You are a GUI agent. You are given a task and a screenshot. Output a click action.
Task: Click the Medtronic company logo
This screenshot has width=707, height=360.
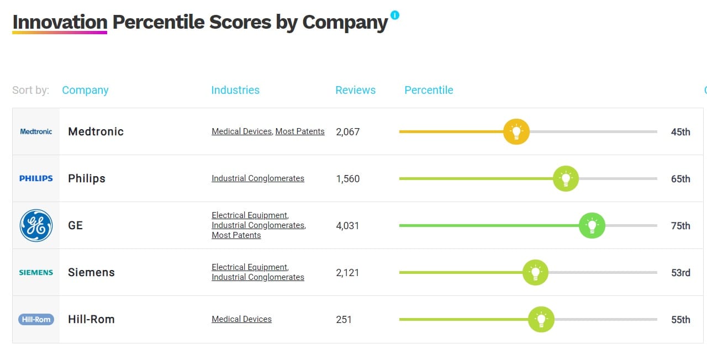tap(36, 131)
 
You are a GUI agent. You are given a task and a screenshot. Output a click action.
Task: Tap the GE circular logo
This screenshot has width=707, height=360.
tap(36, 225)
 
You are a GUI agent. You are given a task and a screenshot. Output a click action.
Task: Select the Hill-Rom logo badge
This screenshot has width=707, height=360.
tap(36, 319)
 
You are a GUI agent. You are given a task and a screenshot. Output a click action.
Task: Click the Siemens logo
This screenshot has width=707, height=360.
tap(36, 272)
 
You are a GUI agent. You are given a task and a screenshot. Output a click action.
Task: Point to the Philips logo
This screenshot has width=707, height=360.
tap(36, 178)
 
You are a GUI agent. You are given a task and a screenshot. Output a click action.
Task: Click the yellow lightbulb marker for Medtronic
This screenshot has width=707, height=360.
tap(516, 132)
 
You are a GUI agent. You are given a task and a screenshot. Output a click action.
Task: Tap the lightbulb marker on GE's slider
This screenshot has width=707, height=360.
tap(592, 225)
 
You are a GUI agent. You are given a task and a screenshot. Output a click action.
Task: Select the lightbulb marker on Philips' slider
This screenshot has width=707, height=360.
tap(566, 178)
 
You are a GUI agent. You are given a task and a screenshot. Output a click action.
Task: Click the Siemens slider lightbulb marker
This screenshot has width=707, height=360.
tap(535, 272)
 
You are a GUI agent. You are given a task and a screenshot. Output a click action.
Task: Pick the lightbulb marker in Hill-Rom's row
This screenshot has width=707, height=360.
tap(541, 319)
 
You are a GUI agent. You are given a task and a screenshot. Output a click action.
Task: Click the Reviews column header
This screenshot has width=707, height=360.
tap(355, 90)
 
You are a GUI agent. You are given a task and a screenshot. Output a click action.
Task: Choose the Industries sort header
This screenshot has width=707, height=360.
tap(235, 90)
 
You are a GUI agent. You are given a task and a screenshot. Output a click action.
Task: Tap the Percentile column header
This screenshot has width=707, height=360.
tap(429, 90)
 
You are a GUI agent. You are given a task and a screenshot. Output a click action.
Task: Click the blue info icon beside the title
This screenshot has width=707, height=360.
tap(394, 15)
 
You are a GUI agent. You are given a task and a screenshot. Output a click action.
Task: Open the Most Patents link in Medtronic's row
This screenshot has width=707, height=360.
tap(300, 131)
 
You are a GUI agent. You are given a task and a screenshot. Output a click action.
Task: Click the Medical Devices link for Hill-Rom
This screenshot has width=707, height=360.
tap(241, 319)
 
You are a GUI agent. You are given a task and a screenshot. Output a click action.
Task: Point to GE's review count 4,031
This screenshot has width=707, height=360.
tap(347, 225)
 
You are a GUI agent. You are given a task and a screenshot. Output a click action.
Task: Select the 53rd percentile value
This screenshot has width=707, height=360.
tap(680, 272)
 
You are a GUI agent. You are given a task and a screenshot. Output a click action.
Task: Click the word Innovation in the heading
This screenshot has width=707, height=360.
tap(60, 22)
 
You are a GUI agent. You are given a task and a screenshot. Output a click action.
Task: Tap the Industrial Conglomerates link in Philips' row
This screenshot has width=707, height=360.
tap(258, 178)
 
